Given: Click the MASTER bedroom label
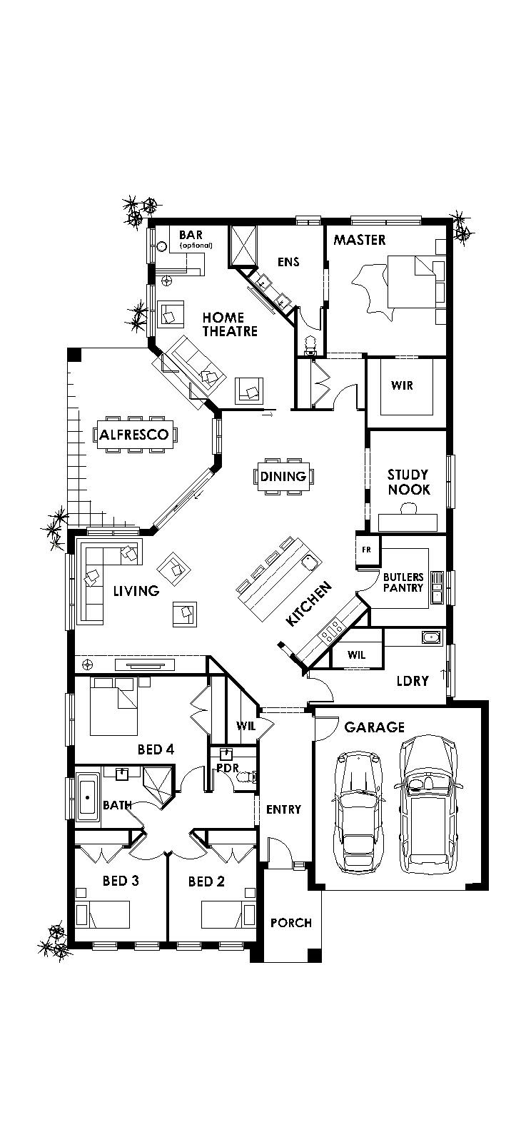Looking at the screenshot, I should point(360,240).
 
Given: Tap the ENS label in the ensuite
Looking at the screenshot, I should point(288,262).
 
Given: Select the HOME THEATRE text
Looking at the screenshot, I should point(230,324).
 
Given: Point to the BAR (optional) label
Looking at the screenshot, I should point(191,238).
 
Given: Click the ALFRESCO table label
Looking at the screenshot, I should point(134,435).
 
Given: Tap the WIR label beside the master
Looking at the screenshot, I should point(402,386).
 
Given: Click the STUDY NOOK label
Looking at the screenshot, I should point(408,482).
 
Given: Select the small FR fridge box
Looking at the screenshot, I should point(367,550).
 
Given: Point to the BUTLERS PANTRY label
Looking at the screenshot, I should point(403,582).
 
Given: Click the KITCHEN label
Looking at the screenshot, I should point(308,604).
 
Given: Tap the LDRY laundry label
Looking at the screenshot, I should point(413,681).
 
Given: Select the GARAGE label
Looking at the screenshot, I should point(374,727).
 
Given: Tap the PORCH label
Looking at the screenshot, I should point(290,923).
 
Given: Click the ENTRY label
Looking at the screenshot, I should point(283,809).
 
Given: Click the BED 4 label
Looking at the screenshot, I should point(156,749).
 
